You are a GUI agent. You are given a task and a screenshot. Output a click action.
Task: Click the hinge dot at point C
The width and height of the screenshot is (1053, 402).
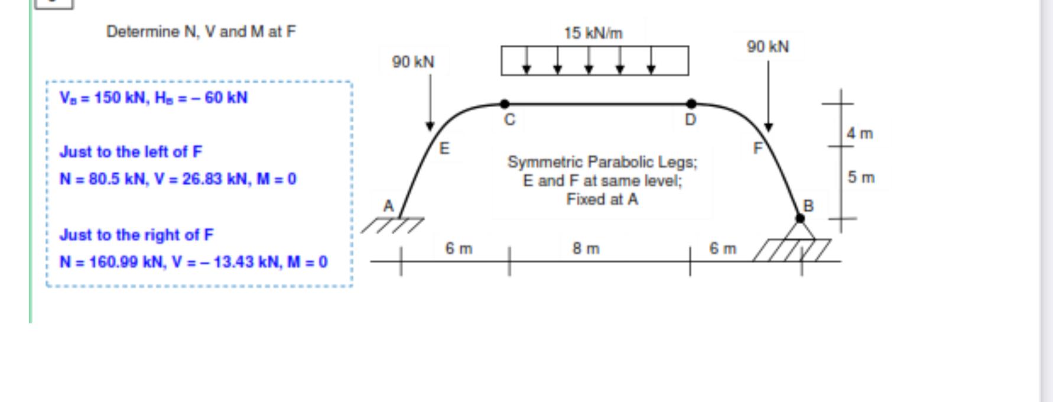pyautogui.click(x=505, y=104)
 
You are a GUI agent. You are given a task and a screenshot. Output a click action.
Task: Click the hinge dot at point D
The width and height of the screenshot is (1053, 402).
pyautogui.click(x=691, y=104)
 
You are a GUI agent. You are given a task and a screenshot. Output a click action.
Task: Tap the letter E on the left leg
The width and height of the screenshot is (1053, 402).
pyautogui.click(x=444, y=148)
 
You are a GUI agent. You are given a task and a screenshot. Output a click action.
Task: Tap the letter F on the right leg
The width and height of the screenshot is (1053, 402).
pyautogui.click(x=758, y=148)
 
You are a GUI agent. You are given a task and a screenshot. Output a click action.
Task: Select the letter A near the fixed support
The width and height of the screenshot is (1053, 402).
pyautogui.click(x=388, y=206)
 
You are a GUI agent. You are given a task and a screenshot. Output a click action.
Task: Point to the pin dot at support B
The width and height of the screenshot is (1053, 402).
pyautogui.click(x=800, y=218)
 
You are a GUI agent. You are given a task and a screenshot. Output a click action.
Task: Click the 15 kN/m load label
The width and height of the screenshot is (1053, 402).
pyautogui.click(x=593, y=33)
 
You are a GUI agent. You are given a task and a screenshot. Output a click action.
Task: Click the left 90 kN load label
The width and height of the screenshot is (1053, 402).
pyautogui.click(x=413, y=62)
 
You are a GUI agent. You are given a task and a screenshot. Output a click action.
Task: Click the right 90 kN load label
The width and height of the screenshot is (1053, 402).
pyautogui.click(x=768, y=47)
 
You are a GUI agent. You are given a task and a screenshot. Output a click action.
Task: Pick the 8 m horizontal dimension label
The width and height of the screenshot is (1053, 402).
pyautogui.click(x=586, y=249)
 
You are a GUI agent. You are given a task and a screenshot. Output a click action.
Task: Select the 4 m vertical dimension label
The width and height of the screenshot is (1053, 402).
pyautogui.click(x=860, y=134)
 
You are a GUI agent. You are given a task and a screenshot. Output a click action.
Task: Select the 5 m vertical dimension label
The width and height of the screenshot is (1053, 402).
pyautogui.click(x=861, y=177)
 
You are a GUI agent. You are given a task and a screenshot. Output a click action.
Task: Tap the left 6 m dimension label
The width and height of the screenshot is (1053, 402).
pyautogui.click(x=459, y=249)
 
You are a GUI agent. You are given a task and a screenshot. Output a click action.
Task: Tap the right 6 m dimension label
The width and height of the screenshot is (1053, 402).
pyautogui.click(x=723, y=249)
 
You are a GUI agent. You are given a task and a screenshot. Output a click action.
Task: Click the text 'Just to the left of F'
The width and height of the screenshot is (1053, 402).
pyautogui.click(x=131, y=152)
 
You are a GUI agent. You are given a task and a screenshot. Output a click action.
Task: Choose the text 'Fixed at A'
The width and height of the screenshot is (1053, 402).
pyautogui.click(x=602, y=199)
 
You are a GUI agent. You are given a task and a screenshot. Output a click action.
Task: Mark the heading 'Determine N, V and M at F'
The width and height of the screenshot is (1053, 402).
pyautogui.click(x=201, y=32)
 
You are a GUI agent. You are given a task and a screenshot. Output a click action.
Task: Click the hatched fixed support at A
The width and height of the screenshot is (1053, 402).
pyautogui.click(x=394, y=225)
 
